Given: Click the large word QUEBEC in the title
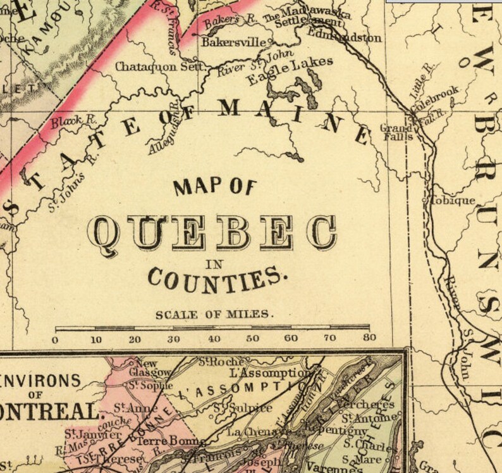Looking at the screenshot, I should pyautogui.click(x=211, y=232).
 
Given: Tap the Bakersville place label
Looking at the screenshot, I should pyautogui.click(x=234, y=43).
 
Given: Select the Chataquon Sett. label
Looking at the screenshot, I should pyautogui.click(x=161, y=66).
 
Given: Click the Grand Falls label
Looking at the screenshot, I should pyautogui.click(x=396, y=132).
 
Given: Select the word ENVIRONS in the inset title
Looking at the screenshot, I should pyautogui.click(x=41, y=382).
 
